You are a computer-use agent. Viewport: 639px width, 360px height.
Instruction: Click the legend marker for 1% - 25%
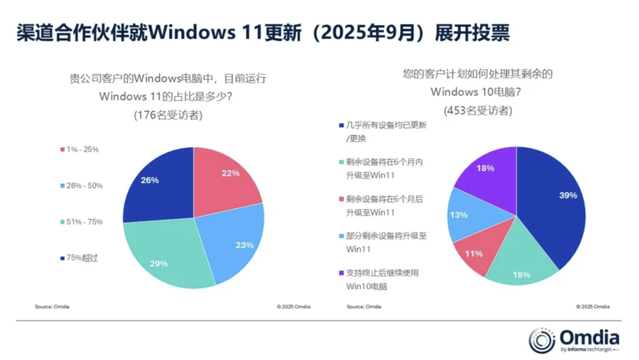[x=62, y=150]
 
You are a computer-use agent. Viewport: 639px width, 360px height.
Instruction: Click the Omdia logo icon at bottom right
[x=542, y=340]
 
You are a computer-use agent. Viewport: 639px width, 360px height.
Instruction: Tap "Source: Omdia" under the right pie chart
[x=364, y=307]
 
